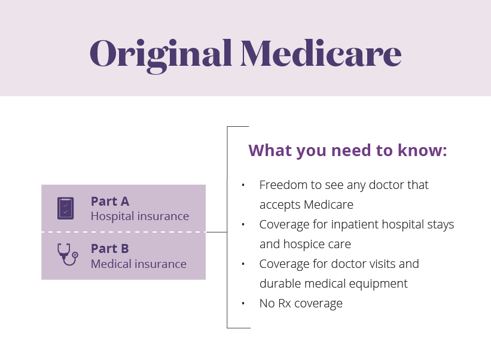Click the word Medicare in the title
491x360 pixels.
click(321, 54)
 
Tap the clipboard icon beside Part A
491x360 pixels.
click(66, 208)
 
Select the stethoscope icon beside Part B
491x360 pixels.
click(66, 255)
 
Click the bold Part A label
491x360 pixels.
click(109, 202)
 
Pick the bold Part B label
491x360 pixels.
click(109, 248)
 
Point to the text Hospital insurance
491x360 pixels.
click(139, 216)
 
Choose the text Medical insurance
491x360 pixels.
click(138, 264)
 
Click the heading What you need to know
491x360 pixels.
click(347, 150)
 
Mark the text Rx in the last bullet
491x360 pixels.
click(285, 303)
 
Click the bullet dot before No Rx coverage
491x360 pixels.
click(243, 303)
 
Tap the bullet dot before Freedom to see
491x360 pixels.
click(243, 185)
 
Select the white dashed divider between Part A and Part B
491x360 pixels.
click(123, 231)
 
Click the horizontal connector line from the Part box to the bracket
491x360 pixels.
click(216, 232)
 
